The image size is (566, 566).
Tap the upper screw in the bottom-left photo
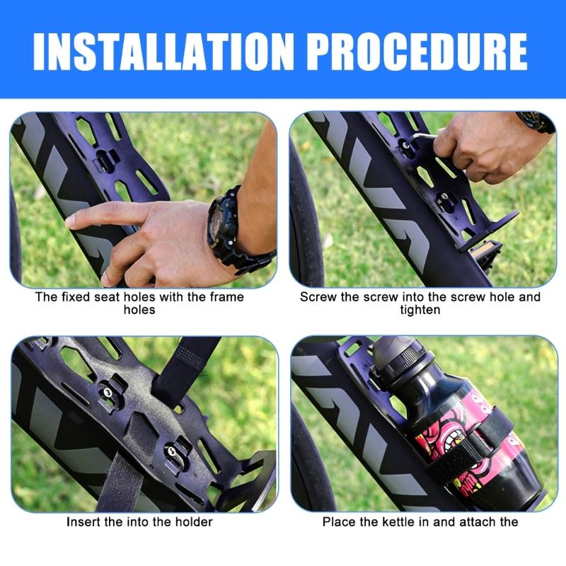pos(105,388)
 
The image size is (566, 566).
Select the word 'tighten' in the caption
pos(420,310)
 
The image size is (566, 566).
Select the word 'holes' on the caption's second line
pos(139,310)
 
